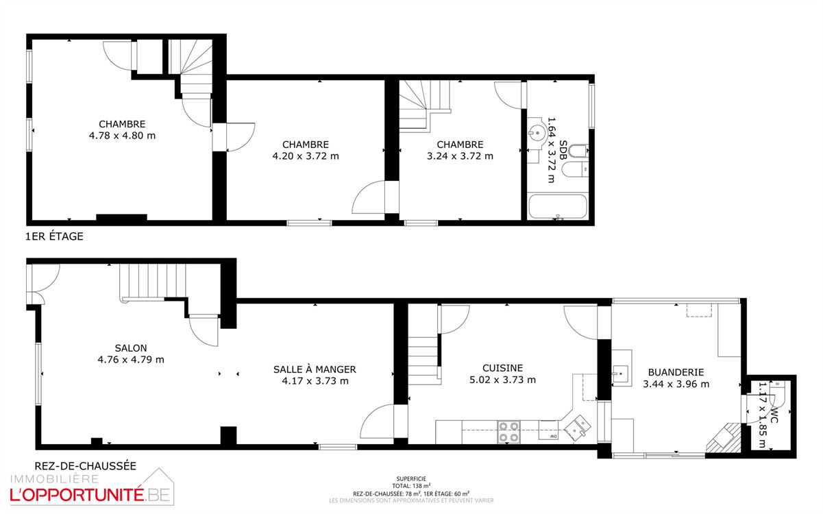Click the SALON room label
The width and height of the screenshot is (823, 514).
131,348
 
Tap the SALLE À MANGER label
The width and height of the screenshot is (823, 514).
315,369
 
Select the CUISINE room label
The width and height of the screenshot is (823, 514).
502,368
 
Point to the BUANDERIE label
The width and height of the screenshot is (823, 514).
676,372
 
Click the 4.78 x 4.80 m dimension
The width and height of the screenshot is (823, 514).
123,136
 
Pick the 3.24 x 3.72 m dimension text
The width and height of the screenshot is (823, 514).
460,156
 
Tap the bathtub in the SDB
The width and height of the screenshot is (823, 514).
557,206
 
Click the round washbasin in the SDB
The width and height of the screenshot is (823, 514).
537,132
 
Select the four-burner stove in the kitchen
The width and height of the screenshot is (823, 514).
509,432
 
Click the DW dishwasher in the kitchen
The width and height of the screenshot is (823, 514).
548,430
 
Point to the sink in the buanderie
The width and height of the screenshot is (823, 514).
620,374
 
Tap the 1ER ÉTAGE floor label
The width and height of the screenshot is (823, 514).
54,236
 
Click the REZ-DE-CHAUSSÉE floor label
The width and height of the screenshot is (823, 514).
85,466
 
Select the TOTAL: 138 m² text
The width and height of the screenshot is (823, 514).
411,486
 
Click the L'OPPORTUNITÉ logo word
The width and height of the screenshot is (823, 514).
77,495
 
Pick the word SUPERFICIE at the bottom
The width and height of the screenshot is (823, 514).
411,479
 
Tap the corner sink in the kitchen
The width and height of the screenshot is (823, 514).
578,428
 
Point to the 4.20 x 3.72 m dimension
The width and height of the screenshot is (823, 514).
306,156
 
